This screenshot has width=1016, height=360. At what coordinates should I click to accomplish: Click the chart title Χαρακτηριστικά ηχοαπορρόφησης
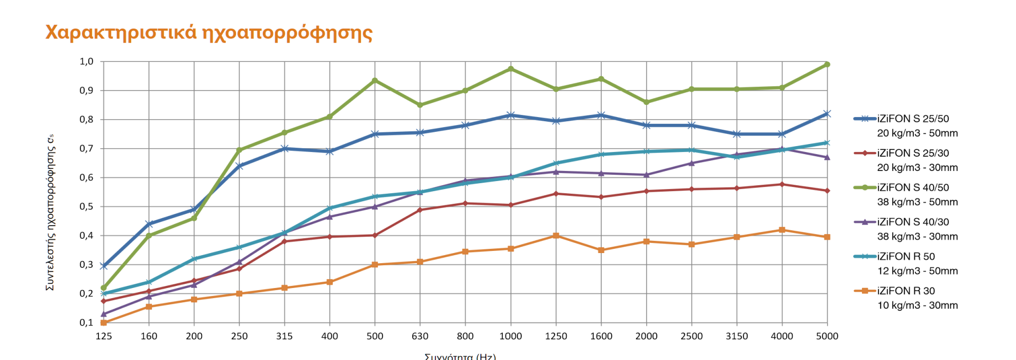pyautogui.click(x=209, y=33)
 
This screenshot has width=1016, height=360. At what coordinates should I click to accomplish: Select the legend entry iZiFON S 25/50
pyautogui.click(x=913, y=119)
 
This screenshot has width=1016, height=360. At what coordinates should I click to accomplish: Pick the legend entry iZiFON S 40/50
pyautogui.click(x=913, y=188)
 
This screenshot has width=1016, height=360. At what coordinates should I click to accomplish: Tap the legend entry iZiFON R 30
pyautogui.click(x=906, y=291)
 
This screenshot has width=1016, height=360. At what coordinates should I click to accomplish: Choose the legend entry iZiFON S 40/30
pyautogui.click(x=913, y=222)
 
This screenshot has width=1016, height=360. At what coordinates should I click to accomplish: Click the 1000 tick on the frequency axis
pyautogui.click(x=511, y=336)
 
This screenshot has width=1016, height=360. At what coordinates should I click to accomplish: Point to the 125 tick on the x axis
pyautogui.click(x=104, y=336)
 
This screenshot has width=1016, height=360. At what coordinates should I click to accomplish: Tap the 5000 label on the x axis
pyautogui.click(x=827, y=336)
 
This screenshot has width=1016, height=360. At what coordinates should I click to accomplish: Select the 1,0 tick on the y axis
pyautogui.click(x=86, y=62)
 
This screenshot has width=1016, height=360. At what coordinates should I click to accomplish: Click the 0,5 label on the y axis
pyautogui.click(x=86, y=206)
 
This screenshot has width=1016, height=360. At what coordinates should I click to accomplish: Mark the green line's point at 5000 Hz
pyautogui.click(x=827, y=65)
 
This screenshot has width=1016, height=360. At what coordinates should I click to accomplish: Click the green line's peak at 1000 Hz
pyautogui.click(x=511, y=69)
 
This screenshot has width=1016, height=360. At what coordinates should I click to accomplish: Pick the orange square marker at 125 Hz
pyautogui.click(x=104, y=322)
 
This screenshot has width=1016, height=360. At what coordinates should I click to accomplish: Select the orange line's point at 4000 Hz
pyautogui.click(x=782, y=230)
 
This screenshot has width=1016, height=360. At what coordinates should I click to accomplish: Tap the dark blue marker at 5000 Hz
pyautogui.click(x=827, y=114)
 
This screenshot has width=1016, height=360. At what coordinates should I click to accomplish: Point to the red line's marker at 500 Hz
pyautogui.click(x=375, y=235)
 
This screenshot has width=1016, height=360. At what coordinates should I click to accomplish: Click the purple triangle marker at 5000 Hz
pyautogui.click(x=827, y=157)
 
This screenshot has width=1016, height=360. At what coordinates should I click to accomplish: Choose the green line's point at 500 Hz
pyautogui.click(x=375, y=80)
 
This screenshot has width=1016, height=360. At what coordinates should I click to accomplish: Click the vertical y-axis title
pyautogui.click(x=51, y=212)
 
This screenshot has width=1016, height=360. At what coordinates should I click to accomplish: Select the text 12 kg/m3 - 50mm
pyautogui.click(x=918, y=271)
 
